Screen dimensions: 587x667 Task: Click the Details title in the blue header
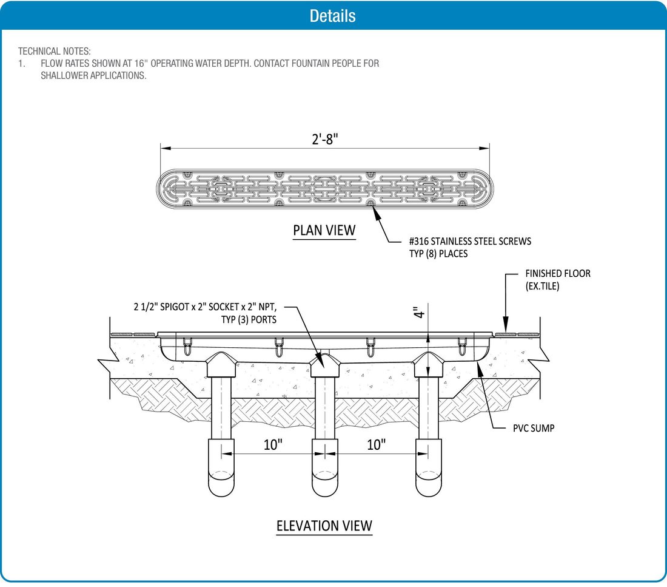pyautogui.click(x=332, y=16)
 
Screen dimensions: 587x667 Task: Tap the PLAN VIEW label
pyautogui.click(x=324, y=231)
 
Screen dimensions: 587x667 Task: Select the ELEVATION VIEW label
pyautogui.click(x=324, y=525)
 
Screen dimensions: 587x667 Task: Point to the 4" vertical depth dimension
pyautogui.click(x=417, y=313)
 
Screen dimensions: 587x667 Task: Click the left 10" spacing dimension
pyautogui.click(x=273, y=444)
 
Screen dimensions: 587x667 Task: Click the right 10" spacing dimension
pyautogui.click(x=376, y=444)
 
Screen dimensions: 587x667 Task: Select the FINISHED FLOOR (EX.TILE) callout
pyautogui.click(x=557, y=280)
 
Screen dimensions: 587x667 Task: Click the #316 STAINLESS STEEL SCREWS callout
pyautogui.click(x=470, y=242)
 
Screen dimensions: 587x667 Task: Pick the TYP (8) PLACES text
pyautogui.click(x=438, y=254)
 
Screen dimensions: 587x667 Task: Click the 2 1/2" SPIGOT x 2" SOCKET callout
pyautogui.click(x=208, y=307)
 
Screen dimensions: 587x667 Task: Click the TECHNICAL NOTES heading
pyautogui.click(x=55, y=52)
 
